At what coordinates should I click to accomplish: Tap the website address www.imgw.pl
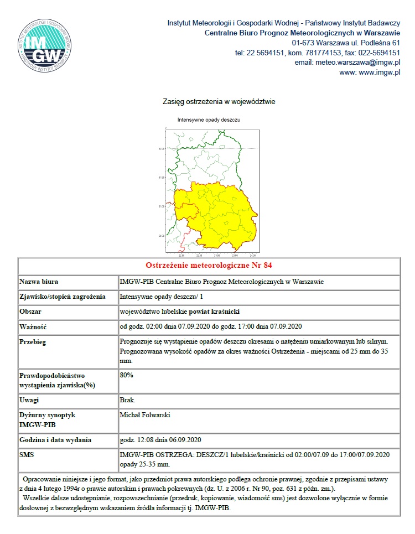pos(379,72)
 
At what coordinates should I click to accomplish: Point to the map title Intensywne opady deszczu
pos(209,120)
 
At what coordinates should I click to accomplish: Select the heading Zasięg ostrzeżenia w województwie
pos(219,102)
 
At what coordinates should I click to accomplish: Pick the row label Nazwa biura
pos(39,282)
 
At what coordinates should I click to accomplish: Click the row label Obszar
pos(30,312)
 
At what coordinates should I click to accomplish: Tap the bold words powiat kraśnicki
pos(217,312)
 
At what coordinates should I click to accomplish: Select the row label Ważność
pos(33,326)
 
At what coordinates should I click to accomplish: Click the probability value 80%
pos(126,375)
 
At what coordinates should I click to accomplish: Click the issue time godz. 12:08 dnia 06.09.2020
pos(160,440)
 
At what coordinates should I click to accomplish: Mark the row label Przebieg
pos(34,341)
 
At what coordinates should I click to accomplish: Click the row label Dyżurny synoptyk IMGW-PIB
pos(48,419)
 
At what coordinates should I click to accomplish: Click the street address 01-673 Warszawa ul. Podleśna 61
pos(346,43)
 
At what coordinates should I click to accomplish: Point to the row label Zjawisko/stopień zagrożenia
pos(63,297)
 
